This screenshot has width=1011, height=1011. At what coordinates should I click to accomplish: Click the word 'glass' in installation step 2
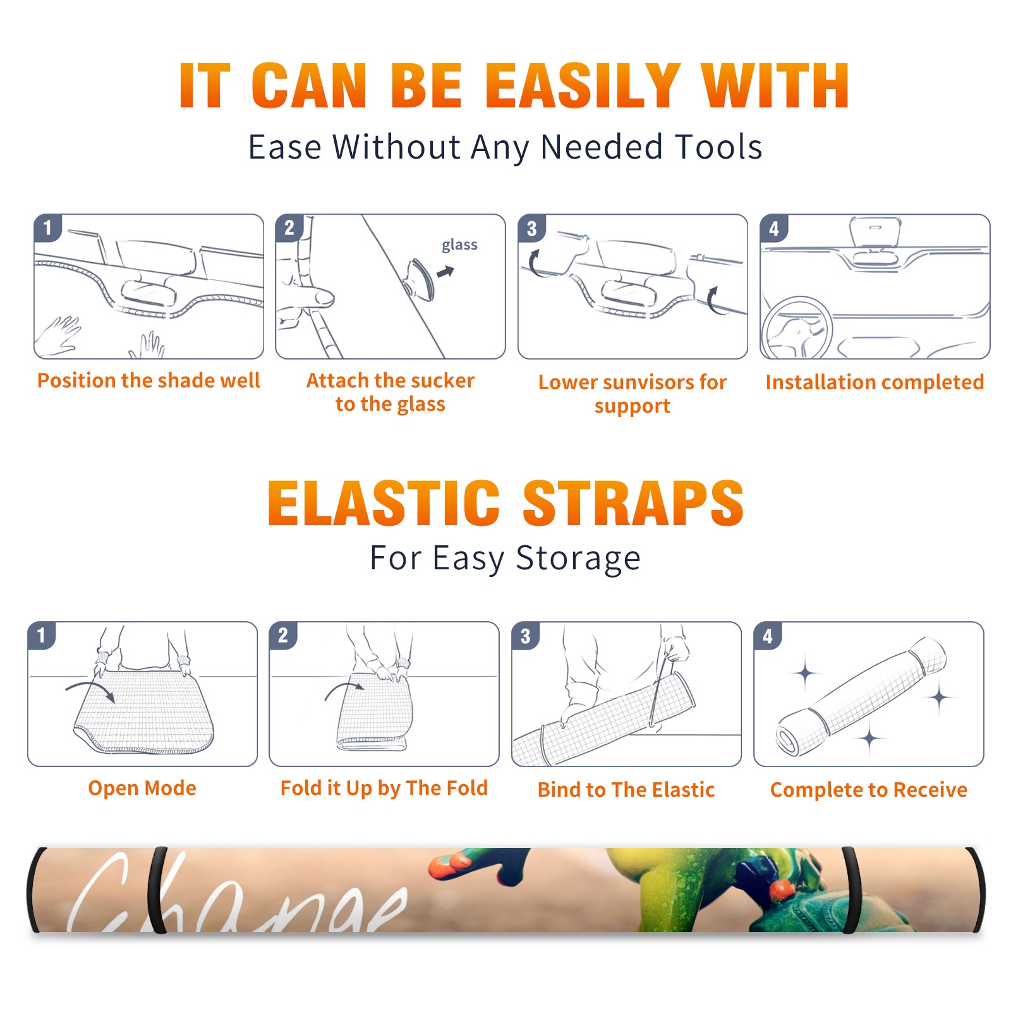459,245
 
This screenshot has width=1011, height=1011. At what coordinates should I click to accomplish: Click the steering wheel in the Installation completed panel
796,327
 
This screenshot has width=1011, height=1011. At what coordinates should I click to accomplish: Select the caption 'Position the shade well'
148,380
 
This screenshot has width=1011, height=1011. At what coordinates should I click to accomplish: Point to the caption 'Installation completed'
875,382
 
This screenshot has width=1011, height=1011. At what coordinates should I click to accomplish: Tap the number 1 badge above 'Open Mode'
42,635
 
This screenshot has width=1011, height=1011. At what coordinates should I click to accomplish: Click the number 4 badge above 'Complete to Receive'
768,636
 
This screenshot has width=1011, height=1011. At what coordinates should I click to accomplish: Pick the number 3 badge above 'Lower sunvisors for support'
531,228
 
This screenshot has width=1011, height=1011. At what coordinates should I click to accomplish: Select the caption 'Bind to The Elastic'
626,789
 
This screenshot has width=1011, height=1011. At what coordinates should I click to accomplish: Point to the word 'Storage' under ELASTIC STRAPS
578,559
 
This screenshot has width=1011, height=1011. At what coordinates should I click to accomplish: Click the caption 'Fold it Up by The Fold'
384,789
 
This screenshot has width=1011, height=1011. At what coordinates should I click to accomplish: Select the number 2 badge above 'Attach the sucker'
289,228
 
